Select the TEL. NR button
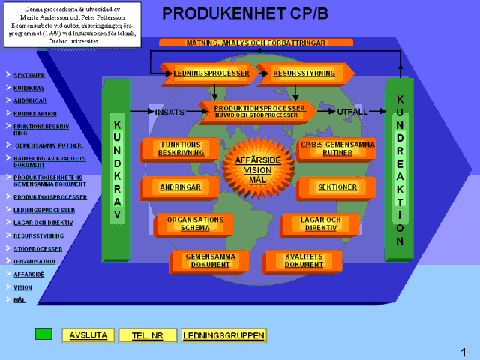(x=148, y=335)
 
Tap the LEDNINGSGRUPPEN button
(x=214, y=335)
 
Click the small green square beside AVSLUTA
(x=43, y=333)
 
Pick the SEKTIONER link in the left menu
(x=29, y=75)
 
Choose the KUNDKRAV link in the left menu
(x=29, y=88)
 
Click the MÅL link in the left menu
(x=19, y=299)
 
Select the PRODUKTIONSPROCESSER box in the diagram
(x=259, y=111)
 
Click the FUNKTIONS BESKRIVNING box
(x=180, y=148)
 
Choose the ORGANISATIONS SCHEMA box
(x=195, y=223)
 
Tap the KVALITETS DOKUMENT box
(x=304, y=260)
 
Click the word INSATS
(x=169, y=112)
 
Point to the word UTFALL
(x=352, y=112)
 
